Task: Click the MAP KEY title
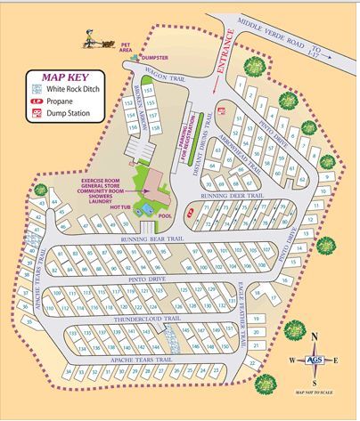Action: click(58, 77)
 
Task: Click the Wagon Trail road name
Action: click(167, 77)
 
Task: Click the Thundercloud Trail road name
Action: click(147, 318)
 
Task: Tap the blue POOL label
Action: click(166, 215)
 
